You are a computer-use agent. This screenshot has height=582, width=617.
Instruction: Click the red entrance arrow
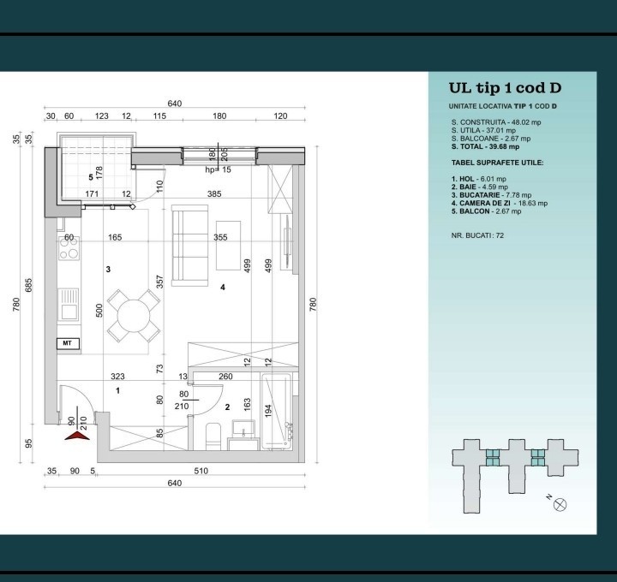pyautogui.click(x=77, y=436)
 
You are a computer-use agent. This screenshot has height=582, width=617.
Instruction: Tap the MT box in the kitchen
pyautogui.click(x=68, y=343)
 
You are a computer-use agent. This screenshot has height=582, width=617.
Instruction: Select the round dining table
pyautogui.click(x=134, y=316)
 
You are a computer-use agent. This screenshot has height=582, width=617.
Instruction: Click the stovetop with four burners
pyautogui.click(x=69, y=248)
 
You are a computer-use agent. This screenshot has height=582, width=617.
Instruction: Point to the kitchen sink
pyautogui.click(x=69, y=305)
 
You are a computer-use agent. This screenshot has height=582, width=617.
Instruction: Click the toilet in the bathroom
pyautogui.click(x=213, y=436)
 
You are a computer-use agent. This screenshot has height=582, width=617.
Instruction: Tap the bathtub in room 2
pyautogui.click(x=276, y=412)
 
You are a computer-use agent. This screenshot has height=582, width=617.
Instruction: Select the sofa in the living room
pyautogui.click(x=189, y=246)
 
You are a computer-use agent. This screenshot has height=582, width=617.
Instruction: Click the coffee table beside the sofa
pyautogui.click(x=228, y=246)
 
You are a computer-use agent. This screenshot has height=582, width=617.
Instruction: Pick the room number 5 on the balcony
pyautogui.click(x=91, y=177)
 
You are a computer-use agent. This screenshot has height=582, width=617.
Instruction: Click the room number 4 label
pyautogui.click(x=223, y=288)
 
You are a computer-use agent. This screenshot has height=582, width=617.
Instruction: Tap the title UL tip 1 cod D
pyautogui.click(x=505, y=88)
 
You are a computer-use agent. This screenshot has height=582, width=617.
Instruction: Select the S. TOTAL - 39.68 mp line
pyautogui.click(x=485, y=146)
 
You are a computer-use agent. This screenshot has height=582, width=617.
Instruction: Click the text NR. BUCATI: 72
pyautogui.click(x=477, y=235)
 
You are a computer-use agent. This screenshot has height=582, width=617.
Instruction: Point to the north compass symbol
pyautogui.click(x=560, y=504)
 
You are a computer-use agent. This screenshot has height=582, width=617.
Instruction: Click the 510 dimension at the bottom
pyautogui.click(x=201, y=471)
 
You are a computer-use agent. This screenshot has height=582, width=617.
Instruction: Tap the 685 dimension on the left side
pyautogui.click(x=28, y=285)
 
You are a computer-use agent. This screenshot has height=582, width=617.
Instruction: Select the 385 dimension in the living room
pyautogui.click(x=214, y=193)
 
